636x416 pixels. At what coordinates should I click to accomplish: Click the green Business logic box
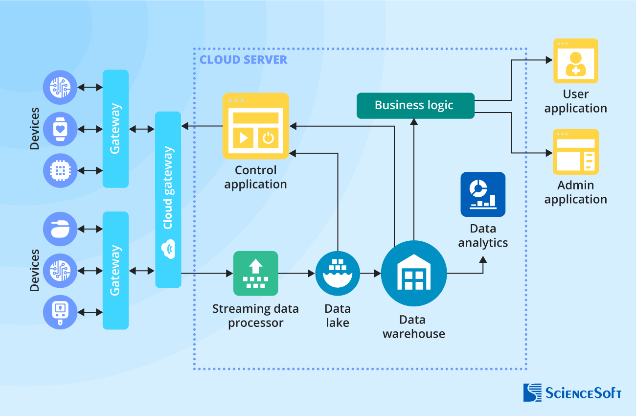click(415, 105)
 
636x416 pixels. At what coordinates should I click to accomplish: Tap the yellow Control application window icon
click(255, 126)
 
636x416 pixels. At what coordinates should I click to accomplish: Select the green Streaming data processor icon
click(255, 273)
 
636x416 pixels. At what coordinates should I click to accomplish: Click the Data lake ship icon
click(338, 273)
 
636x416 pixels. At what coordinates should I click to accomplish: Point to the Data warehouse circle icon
click(414, 274)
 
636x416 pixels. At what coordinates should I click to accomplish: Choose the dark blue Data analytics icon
click(482, 194)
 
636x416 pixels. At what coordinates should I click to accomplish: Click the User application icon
click(575, 61)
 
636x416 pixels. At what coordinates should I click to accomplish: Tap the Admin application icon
click(575, 152)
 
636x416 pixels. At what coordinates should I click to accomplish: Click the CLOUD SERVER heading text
click(243, 60)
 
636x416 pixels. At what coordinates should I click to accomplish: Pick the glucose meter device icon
click(60, 312)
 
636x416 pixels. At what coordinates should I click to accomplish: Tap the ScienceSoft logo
click(572, 393)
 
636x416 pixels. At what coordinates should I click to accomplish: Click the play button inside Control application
click(243, 138)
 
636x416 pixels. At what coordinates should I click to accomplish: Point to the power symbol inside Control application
click(268, 138)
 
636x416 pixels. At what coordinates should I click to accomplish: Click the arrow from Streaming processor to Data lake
click(296, 273)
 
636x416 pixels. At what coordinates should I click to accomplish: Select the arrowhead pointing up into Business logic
click(414, 123)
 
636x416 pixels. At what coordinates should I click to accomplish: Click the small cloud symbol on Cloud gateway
click(168, 249)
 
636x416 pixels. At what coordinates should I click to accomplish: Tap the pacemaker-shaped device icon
click(60, 229)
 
